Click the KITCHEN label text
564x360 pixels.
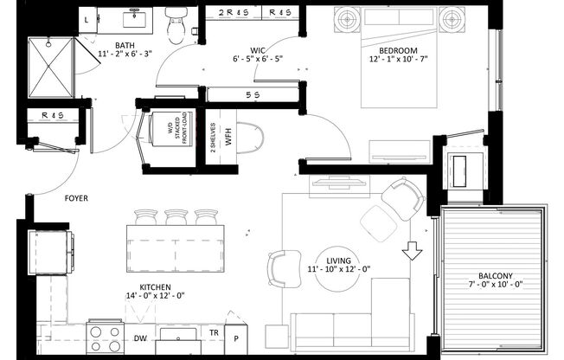tap(149, 286)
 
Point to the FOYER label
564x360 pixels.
tap(77, 198)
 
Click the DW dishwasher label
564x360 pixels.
tap(140, 338)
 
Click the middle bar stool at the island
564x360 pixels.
tap(176, 216)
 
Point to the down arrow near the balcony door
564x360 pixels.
tap(413, 250)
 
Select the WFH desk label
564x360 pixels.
tap(229, 139)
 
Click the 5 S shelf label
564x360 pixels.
tap(253, 95)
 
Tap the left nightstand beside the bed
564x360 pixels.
tap(348, 18)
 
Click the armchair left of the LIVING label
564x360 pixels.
tap(284, 267)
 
